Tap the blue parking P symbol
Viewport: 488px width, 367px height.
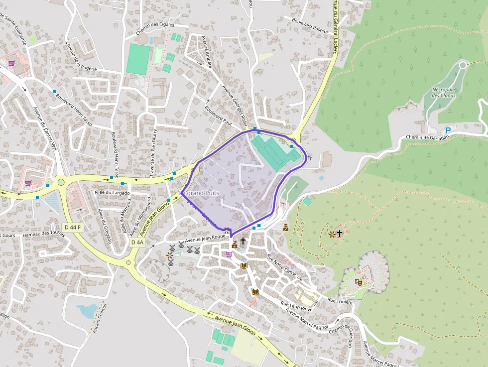tap(448, 130)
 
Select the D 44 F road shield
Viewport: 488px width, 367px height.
tap(72, 227)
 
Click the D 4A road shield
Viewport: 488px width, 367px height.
tap(137, 242)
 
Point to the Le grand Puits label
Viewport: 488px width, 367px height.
tap(199, 192)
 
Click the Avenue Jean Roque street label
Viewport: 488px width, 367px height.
tap(205, 239)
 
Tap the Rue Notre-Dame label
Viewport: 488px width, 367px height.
tap(282, 265)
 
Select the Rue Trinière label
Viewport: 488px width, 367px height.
tap(340, 302)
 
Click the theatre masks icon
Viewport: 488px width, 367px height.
tap(358, 282)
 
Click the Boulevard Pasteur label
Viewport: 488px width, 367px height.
tap(311, 26)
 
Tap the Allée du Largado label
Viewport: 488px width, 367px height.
tap(112, 193)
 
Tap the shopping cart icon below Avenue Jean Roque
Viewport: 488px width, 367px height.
tap(229, 254)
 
